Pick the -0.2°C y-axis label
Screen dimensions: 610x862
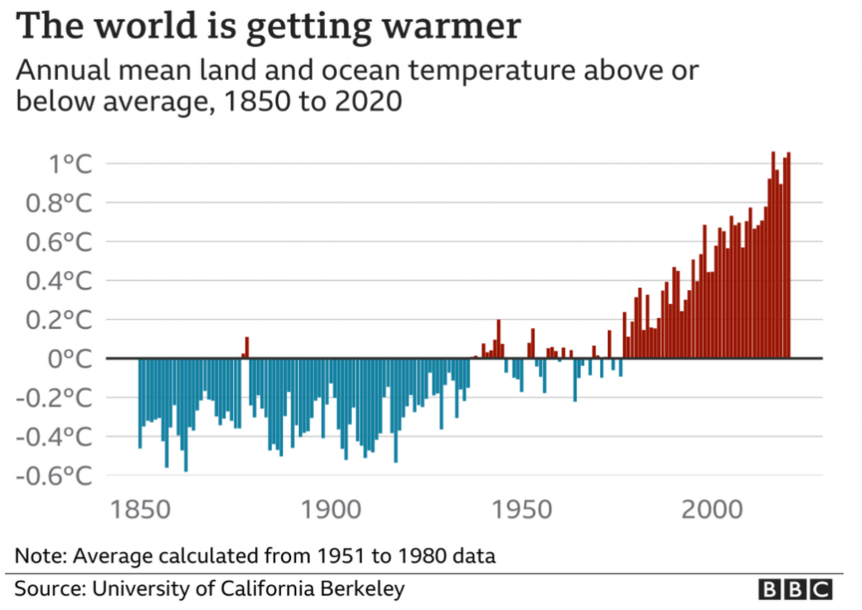click(x=57, y=398)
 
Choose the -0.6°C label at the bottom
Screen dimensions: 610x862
click(x=57, y=476)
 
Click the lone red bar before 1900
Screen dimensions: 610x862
click(x=247, y=347)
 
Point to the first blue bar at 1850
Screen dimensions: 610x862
click(x=140, y=403)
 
